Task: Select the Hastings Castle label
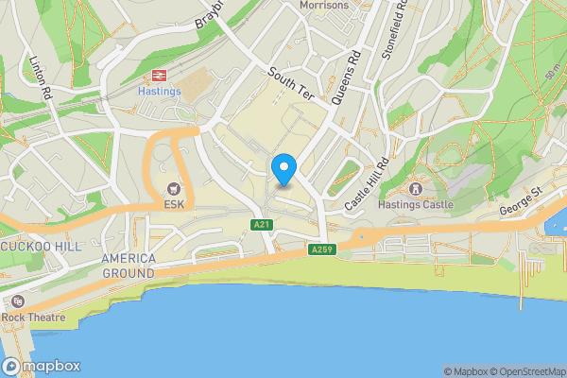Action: (x=415, y=204)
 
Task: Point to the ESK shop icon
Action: (x=173, y=188)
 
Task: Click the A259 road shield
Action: (x=321, y=249)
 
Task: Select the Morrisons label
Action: (x=323, y=5)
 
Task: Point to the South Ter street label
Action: (x=288, y=85)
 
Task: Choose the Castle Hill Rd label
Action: (x=367, y=183)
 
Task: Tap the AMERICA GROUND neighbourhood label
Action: (x=128, y=266)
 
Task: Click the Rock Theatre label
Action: (x=33, y=318)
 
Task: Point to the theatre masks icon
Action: (x=15, y=301)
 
